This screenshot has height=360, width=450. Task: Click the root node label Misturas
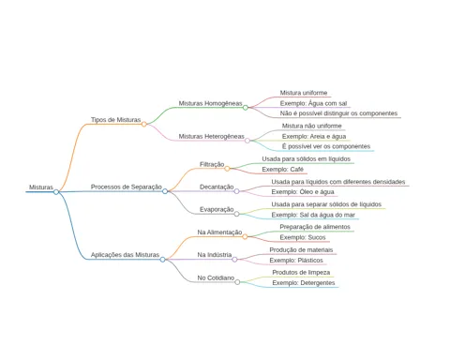pyautogui.click(x=41, y=187)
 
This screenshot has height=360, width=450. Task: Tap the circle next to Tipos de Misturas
pyautogui.click(x=143, y=124)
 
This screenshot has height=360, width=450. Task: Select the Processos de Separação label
pyautogui.click(x=127, y=187)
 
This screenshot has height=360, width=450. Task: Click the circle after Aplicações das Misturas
pyautogui.click(x=162, y=260)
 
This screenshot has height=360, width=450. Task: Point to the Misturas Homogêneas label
pyautogui.click(x=210, y=103)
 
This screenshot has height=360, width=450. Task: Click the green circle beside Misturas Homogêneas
pyautogui.click(x=246, y=108)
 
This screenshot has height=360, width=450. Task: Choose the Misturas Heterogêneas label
pyautogui.click(x=211, y=137)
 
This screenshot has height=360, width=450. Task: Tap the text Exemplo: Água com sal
pyautogui.click(x=313, y=103)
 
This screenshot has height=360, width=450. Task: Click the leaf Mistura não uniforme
pyautogui.click(x=311, y=126)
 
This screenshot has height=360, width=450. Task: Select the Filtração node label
pyautogui.click(x=212, y=164)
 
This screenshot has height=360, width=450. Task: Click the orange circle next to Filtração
pyautogui.click(x=227, y=169)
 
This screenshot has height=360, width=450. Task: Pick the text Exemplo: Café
pyautogui.click(x=282, y=170)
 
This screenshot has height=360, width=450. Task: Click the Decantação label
pyautogui.click(x=217, y=187)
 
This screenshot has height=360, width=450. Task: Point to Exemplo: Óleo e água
pyautogui.click(x=303, y=192)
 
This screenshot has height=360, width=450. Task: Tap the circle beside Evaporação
pyautogui.click(x=236, y=214)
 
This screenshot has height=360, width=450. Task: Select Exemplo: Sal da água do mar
pyautogui.click(x=313, y=215)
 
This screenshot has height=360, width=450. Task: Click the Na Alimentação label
pyautogui.click(x=219, y=232)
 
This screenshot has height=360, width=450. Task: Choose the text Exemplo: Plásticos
pyautogui.click(x=296, y=261)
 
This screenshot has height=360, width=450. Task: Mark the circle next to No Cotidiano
pyautogui.click(x=237, y=282)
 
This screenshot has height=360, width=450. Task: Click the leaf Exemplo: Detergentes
pyautogui.click(x=304, y=283)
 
